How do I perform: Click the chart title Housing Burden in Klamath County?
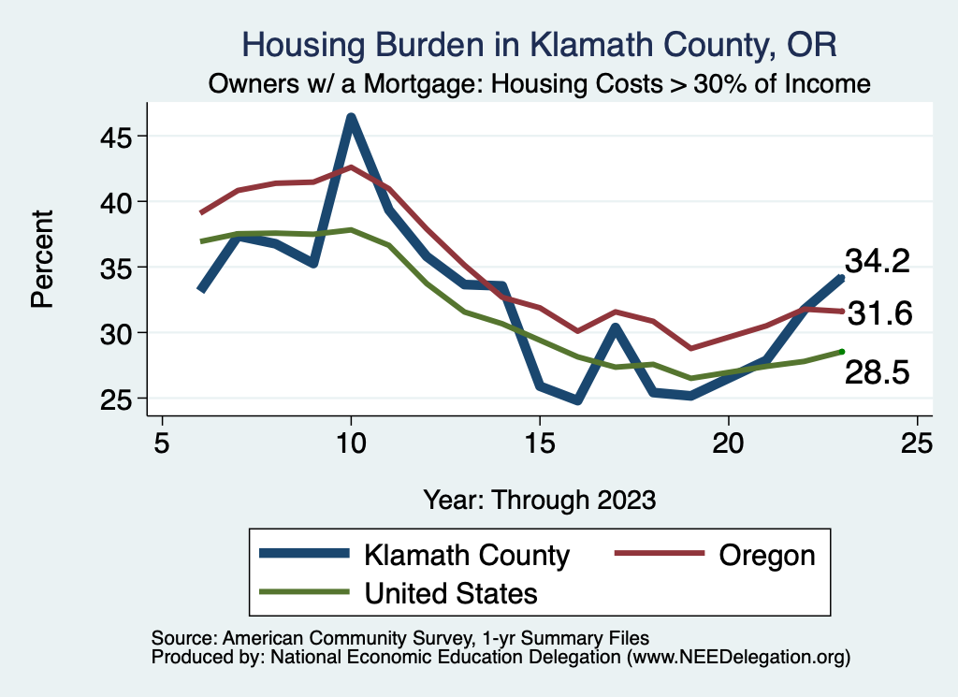coord(538,45)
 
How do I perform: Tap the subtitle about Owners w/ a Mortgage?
coord(538,84)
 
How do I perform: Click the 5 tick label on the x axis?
coord(162,442)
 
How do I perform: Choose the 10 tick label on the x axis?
coord(351,442)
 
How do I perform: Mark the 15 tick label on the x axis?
coord(540,442)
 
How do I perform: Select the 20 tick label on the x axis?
coord(728,442)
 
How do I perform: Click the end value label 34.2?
coord(878,262)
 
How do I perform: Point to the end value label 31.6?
coord(879,314)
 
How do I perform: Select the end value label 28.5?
coord(878,372)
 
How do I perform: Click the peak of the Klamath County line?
coord(351,117)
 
